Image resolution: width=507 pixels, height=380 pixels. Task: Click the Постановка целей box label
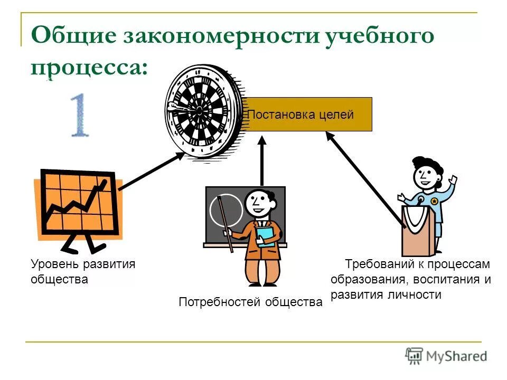(x=301, y=115)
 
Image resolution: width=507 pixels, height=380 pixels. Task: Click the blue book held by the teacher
(x=267, y=237)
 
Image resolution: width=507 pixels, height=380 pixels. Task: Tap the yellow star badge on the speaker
(x=434, y=201)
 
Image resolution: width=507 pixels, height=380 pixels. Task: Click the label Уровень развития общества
(x=83, y=271)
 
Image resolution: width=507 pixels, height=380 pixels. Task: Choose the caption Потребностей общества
(x=250, y=302)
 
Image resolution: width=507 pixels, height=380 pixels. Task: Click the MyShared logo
(x=446, y=356)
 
